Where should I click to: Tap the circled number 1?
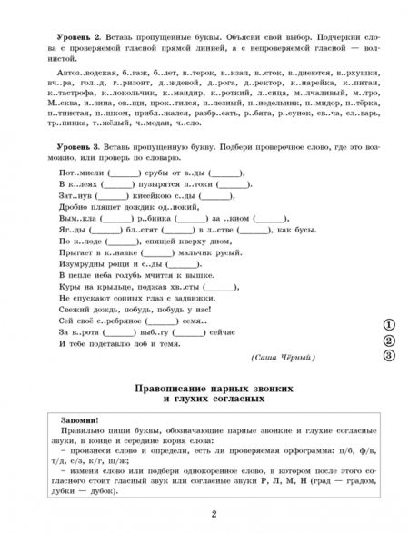(388, 323)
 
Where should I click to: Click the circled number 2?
(388, 341)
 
